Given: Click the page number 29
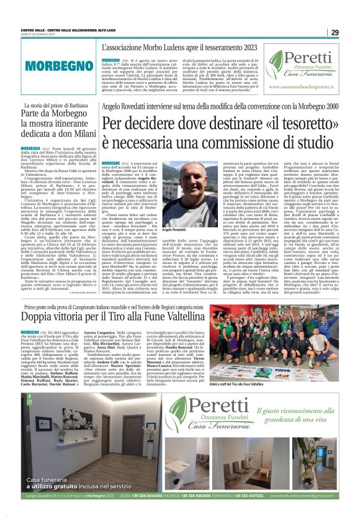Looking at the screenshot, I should [x=335, y=33].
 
